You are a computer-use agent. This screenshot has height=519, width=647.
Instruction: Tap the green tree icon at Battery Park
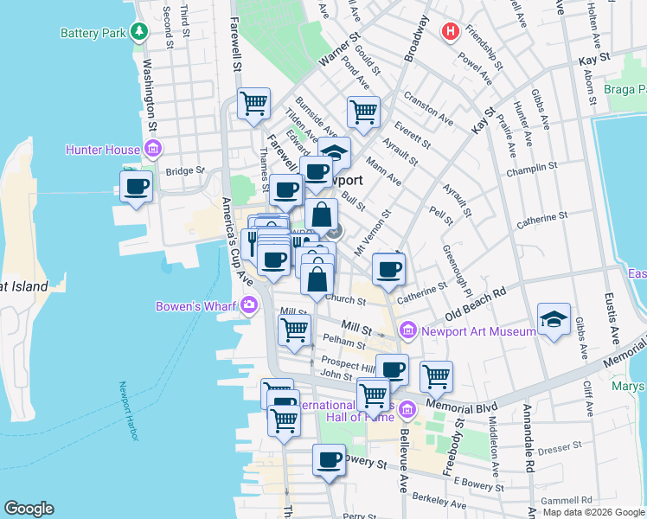coord(138,33)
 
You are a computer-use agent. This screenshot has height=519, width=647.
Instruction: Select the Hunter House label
coord(103,150)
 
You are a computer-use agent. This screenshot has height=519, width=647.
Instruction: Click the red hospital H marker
coord(450,31)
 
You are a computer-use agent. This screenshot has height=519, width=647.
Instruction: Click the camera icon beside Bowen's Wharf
coord(250,304)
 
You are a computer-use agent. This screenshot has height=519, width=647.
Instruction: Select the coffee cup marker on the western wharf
coord(137,186)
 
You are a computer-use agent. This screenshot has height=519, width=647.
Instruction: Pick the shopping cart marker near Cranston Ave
coord(363,111)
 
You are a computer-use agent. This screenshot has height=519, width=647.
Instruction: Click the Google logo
coord(29,509)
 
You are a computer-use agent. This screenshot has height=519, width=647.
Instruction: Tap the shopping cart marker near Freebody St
coord(436,376)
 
